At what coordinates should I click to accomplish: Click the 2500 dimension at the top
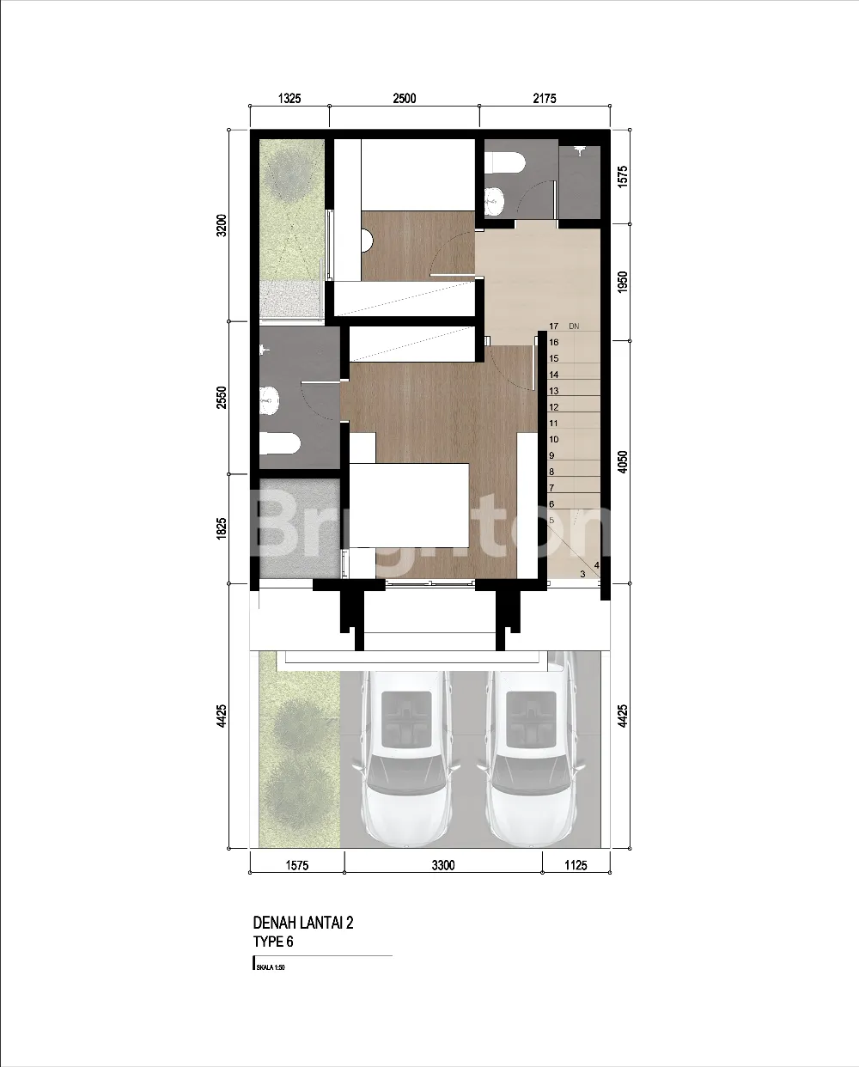pos(405,98)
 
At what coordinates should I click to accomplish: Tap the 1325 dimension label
pos(289,98)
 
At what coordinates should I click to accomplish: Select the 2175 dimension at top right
pos(545,98)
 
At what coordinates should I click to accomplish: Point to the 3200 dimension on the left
pos(222,225)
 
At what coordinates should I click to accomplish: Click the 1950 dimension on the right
pos(623,282)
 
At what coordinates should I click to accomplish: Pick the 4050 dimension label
pos(623,461)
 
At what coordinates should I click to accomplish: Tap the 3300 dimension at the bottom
pos(443,865)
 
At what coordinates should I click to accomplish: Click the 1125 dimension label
pos(576,865)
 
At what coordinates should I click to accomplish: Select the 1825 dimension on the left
pos(222,528)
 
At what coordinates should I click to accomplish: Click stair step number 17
pos(553,326)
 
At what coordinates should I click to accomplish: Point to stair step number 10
pos(553,439)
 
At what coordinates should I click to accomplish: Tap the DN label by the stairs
pos(574,326)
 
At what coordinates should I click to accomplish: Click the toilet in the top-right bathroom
pos(504,162)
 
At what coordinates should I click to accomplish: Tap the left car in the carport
pos(405,758)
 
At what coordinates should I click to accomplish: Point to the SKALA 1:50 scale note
pos(271,967)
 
